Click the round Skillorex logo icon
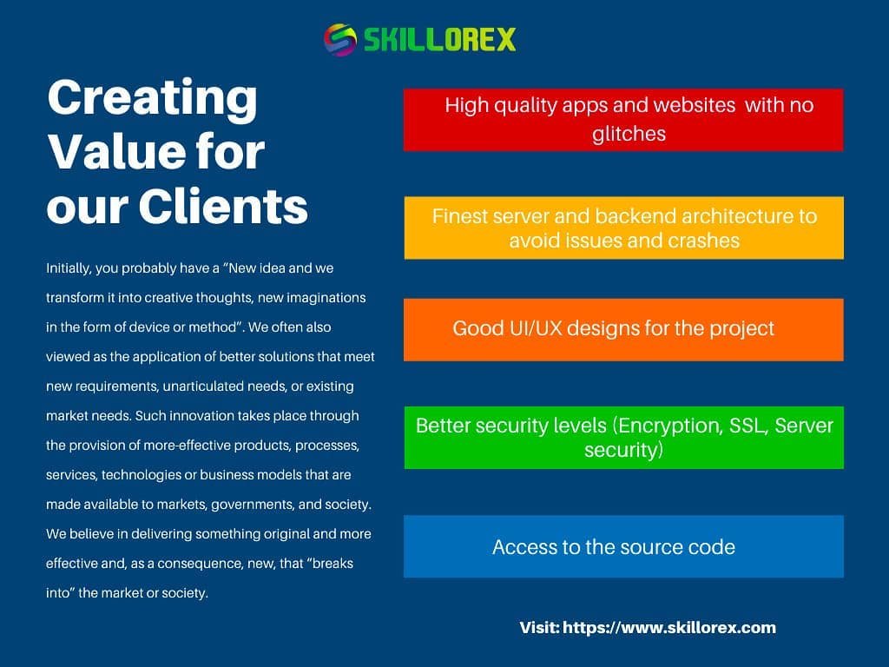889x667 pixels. pos(340,40)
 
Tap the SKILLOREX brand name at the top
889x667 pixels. pos(439,40)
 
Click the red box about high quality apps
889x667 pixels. pos(623,120)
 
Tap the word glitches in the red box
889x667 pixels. pos(629,134)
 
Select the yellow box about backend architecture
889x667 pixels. pos(623,228)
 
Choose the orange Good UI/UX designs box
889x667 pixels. pos(623,329)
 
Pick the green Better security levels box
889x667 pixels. pos(623,438)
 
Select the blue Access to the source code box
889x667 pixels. pos(623,546)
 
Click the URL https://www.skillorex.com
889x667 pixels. pos(669,627)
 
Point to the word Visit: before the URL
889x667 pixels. pos(539,627)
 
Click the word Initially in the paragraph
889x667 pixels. pos(69,268)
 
